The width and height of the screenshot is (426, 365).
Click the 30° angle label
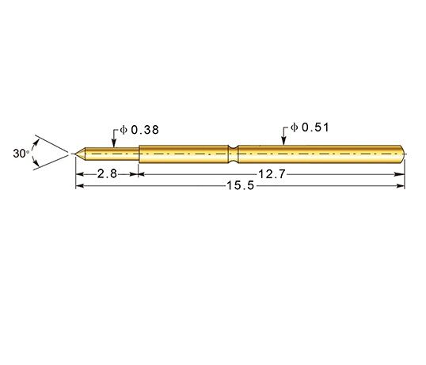[21, 154]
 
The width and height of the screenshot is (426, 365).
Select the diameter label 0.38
[145, 130]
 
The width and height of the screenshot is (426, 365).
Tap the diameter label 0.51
[315, 127]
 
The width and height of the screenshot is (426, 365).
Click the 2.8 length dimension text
[107, 174]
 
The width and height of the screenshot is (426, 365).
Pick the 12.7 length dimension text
[272, 174]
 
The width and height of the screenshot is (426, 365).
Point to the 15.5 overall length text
[241, 186]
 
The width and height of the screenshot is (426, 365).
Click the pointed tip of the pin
[75, 154]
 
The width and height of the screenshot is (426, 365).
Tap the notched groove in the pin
[233, 154]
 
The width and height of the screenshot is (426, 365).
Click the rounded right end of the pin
[402, 154]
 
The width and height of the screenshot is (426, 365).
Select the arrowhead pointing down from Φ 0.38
[114, 143]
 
